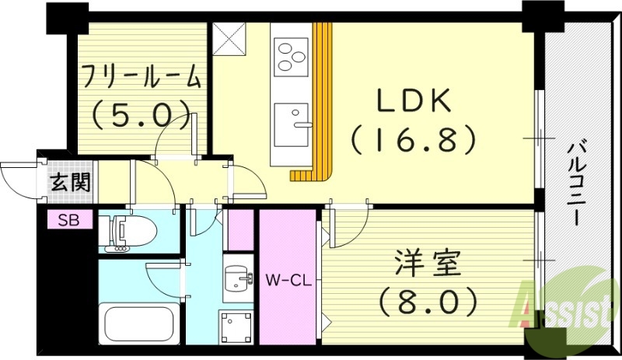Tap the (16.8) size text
412,140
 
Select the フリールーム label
141,79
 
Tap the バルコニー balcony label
576,182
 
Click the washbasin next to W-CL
236,278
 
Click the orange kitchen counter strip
322,93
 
